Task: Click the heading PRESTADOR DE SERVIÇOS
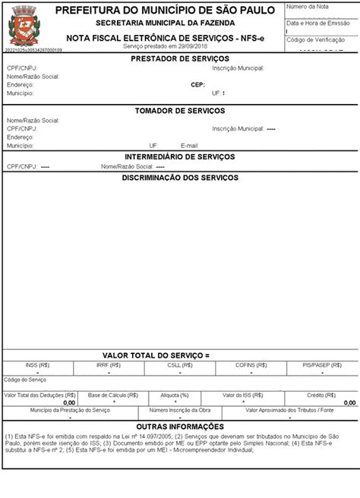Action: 180,59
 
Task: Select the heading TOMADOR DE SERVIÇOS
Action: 180,111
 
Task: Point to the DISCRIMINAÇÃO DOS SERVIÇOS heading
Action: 180,178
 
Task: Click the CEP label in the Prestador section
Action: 197,85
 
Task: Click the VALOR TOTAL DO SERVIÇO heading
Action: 156,355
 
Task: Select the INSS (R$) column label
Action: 36,364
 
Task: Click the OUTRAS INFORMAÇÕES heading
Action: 180,426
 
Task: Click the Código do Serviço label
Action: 25,379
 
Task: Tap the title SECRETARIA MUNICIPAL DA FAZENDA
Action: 165,24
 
